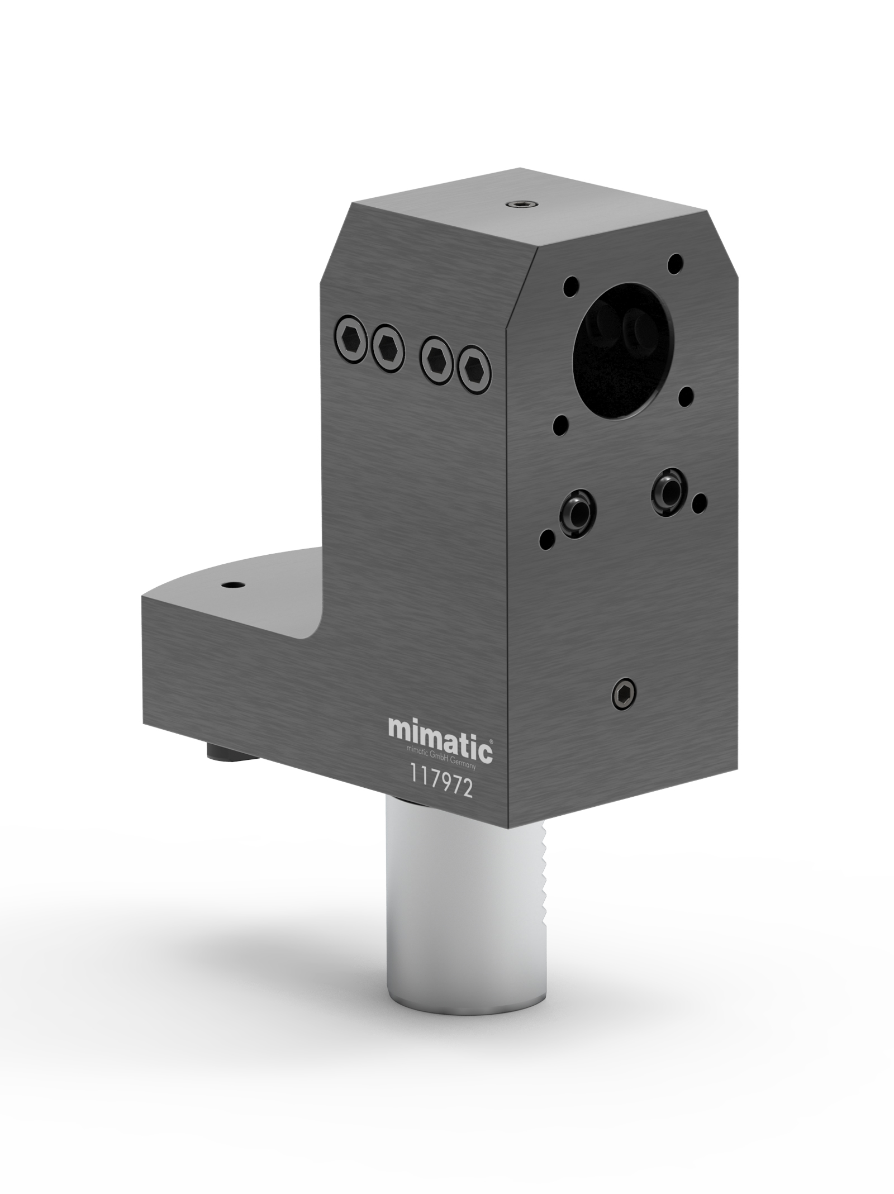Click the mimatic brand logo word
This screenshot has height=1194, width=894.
[x=440, y=732]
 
